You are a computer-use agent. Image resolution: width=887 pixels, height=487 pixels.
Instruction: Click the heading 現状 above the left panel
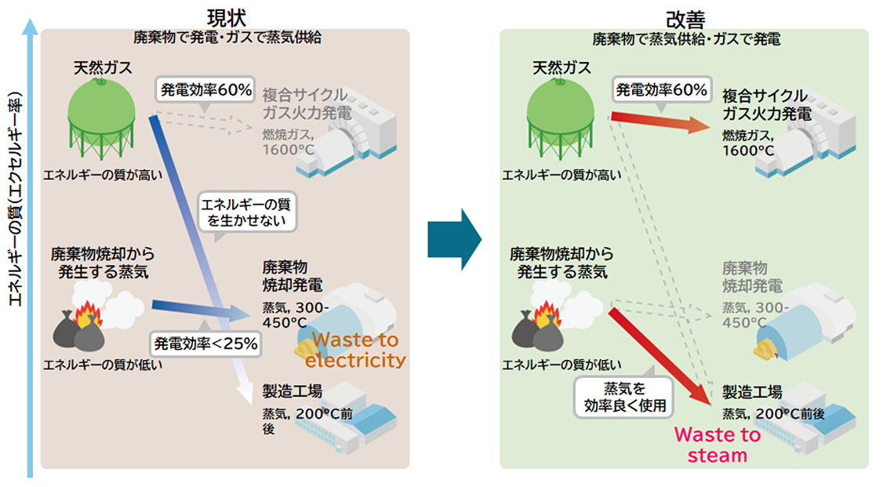(226, 16)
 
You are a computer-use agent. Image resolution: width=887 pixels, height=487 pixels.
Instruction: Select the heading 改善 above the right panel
(685, 16)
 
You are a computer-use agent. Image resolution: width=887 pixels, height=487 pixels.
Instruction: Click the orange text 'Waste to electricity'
(355, 351)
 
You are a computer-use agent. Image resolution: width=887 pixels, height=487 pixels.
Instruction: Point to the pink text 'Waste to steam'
(717, 445)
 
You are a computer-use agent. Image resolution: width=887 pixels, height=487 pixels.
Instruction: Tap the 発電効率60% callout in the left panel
(206, 90)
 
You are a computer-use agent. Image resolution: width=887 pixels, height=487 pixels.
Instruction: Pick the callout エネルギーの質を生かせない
(246, 213)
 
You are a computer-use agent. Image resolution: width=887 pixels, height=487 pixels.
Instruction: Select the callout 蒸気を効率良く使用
(623, 397)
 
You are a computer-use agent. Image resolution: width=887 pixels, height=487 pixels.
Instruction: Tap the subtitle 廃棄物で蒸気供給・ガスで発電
(685, 38)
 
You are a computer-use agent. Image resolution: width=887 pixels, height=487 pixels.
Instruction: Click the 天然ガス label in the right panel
(562, 67)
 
